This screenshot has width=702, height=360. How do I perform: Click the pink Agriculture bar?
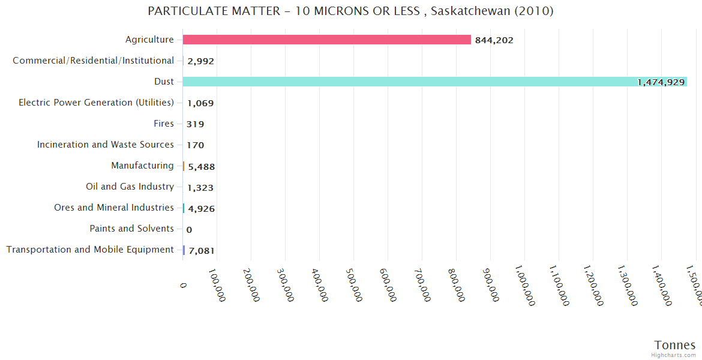[327, 40]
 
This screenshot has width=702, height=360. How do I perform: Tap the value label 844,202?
[494, 40]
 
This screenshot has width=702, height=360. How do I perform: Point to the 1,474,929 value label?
[661, 82]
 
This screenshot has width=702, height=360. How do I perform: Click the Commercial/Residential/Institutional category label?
[93, 61]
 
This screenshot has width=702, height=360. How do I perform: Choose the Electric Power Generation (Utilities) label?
[96, 103]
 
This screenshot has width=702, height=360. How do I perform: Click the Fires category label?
[163, 124]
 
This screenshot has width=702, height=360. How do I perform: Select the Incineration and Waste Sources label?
[106, 145]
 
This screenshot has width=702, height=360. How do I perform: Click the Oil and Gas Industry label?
[130, 187]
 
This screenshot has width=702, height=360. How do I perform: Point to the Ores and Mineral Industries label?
[113, 208]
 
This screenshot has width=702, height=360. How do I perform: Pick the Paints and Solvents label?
[131, 229]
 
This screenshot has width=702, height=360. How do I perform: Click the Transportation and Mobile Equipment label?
[90, 250]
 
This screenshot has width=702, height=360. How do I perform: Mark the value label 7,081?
[201, 251]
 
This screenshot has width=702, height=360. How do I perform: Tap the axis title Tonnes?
[674, 345]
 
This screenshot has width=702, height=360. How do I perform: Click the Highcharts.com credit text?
[674, 355]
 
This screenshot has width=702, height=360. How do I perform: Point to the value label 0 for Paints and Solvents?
[189, 230]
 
